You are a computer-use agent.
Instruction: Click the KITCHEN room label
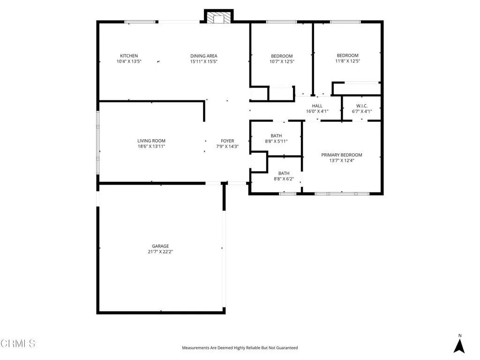129,56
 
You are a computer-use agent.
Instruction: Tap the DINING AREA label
203,56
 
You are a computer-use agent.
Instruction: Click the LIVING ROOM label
151,141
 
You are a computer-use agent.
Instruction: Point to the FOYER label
227,141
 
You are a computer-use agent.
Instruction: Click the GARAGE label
160,246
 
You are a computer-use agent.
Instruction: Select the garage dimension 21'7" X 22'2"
160,252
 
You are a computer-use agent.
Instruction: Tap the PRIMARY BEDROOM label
341,155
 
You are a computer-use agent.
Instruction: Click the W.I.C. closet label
361,105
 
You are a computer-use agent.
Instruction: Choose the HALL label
317,105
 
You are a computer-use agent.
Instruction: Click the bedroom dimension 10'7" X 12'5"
282,61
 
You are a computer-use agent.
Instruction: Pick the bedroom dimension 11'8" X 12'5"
347,61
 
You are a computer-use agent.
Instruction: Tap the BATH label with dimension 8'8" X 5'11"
276,135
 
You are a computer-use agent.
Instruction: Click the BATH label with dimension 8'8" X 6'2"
284,173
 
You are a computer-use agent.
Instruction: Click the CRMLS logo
18,344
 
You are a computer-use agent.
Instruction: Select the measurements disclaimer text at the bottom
240,348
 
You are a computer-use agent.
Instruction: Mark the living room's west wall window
98,142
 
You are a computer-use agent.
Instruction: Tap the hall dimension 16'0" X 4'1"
317,111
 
